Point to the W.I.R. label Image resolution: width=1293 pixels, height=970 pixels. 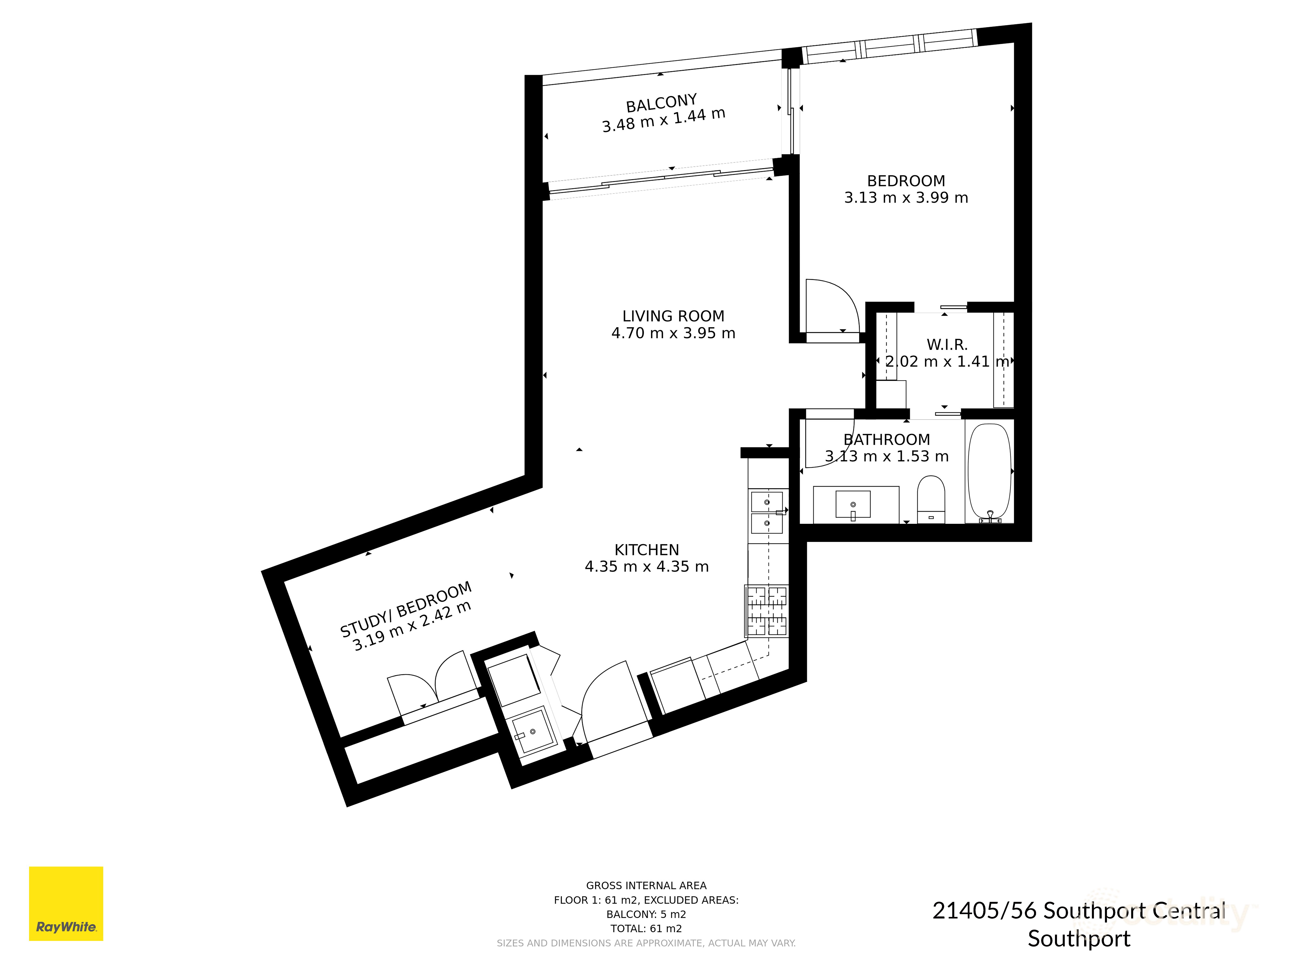[x=947, y=345]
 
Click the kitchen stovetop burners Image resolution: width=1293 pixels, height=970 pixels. [x=766, y=611]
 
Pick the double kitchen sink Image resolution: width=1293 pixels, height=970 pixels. [x=766, y=512]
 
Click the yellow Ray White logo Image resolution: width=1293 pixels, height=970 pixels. [x=66, y=903]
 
